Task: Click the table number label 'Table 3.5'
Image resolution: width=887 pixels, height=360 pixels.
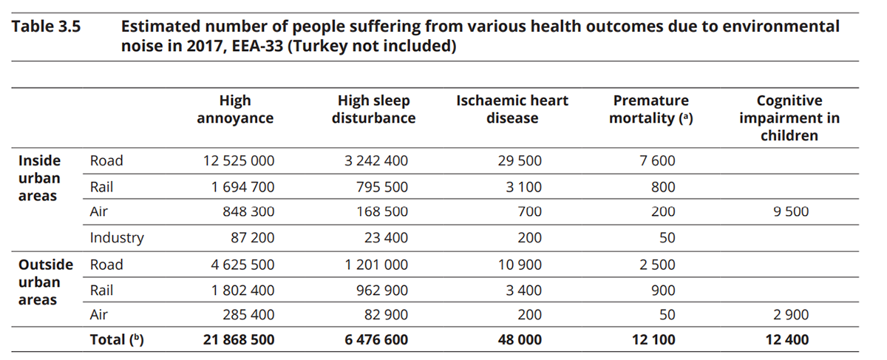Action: coord(46,27)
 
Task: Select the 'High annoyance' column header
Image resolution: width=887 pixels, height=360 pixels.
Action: coord(235,109)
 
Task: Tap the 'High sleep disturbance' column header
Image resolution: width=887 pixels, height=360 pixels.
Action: coord(373,109)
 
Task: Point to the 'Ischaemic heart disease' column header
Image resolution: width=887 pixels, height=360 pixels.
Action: coord(512,109)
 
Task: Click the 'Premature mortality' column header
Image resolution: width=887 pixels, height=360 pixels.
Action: coord(650,109)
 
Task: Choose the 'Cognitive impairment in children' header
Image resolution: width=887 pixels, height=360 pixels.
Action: coord(789,118)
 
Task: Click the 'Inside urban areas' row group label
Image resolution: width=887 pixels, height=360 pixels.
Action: coord(40,178)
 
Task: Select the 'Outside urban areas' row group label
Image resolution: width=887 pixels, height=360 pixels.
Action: coord(45,282)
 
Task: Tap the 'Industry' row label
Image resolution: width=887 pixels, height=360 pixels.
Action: coord(117,238)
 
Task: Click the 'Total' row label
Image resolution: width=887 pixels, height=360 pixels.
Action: coord(115,340)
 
